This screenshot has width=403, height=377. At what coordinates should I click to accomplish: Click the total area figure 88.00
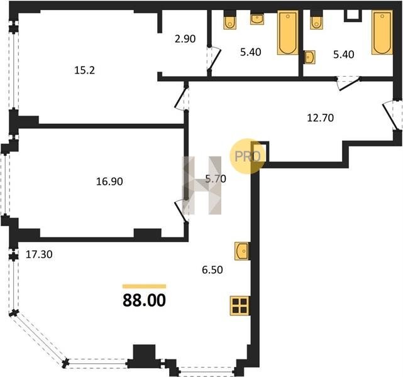coord(144,300)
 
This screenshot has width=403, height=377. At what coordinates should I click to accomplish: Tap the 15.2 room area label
coord(84,70)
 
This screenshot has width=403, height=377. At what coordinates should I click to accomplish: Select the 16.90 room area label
coord(109,182)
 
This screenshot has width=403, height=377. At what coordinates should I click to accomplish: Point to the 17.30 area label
coord(39,254)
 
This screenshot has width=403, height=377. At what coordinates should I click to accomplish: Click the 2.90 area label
coord(185,39)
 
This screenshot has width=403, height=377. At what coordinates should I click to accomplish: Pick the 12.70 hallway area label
coord(321,117)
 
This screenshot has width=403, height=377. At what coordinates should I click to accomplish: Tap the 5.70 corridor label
coord(216,178)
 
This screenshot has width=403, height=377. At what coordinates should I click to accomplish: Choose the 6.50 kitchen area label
coord(213,270)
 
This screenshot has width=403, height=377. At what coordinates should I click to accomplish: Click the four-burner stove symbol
coord(240,305)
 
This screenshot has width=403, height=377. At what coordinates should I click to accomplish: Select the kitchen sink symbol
coord(242,251)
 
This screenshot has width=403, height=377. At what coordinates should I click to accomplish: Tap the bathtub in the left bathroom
coord(288,33)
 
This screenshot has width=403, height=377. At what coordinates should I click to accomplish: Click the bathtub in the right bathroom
coord(382,32)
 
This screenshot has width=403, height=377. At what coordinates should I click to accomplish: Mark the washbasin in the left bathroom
coord(257,19)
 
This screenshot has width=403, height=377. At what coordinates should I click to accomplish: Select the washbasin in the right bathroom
coord(309,57)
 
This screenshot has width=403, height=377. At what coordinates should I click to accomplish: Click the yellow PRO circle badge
coord(245,156)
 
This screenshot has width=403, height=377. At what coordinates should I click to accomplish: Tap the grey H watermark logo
coord(202,185)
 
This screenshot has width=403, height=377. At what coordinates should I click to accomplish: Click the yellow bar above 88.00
coord(144,287)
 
